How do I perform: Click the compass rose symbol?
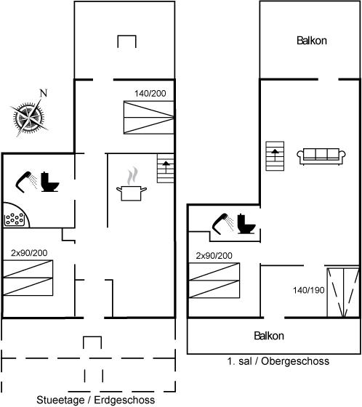[x=29, y=118]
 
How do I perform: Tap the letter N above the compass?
[x=44, y=93]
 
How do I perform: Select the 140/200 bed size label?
[x=150, y=94]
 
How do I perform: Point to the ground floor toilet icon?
[x=50, y=182]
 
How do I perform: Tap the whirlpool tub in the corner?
[x=16, y=215]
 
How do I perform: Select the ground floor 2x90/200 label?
[x=29, y=253]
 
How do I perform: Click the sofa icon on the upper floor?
[x=321, y=156]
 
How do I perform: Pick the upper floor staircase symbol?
[x=275, y=156]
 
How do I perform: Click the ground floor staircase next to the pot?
[x=166, y=169]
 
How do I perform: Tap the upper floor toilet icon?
[x=246, y=224]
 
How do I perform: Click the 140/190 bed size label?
[x=309, y=290]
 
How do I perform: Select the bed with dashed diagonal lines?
[x=343, y=292]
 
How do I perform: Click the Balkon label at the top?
[x=312, y=41]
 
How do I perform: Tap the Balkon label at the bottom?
[x=269, y=336]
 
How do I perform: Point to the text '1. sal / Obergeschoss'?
[x=278, y=361]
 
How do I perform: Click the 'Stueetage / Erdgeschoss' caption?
[x=95, y=400]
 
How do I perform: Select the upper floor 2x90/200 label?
[x=214, y=256]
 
